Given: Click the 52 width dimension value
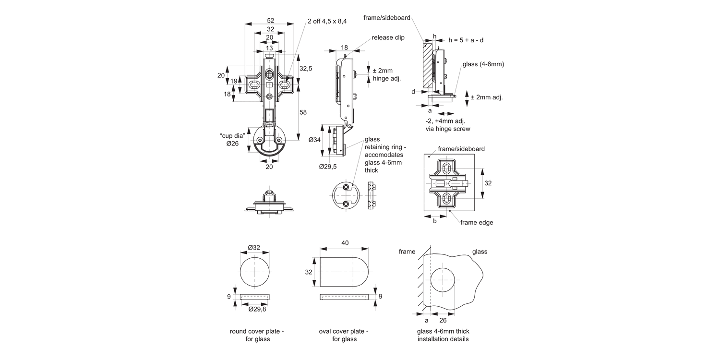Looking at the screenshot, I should click(x=270, y=21).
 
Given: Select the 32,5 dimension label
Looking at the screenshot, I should click(x=306, y=69).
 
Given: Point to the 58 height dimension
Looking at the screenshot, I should click(x=303, y=112).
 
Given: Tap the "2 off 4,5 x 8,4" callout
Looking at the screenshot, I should click(x=327, y=21).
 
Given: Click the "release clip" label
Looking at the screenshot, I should click(x=388, y=37).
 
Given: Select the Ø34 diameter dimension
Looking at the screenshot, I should click(x=314, y=140).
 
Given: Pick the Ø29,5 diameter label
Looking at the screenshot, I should click(x=328, y=167).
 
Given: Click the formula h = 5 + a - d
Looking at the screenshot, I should click(x=466, y=40).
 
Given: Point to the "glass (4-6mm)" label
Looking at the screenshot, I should click(x=483, y=64).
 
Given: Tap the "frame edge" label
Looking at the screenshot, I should click(x=476, y=222).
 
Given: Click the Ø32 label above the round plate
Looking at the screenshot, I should click(x=254, y=248).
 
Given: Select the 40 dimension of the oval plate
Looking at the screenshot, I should click(x=345, y=243).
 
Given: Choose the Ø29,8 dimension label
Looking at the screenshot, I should click(x=257, y=309).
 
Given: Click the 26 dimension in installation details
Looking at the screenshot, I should click(x=443, y=320).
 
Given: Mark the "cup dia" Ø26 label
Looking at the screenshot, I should click(x=232, y=140).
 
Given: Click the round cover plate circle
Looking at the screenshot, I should click(x=254, y=271).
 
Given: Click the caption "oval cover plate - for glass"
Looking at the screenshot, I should click(x=344, y=335).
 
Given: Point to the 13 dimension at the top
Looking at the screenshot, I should click(x=269, y=48).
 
